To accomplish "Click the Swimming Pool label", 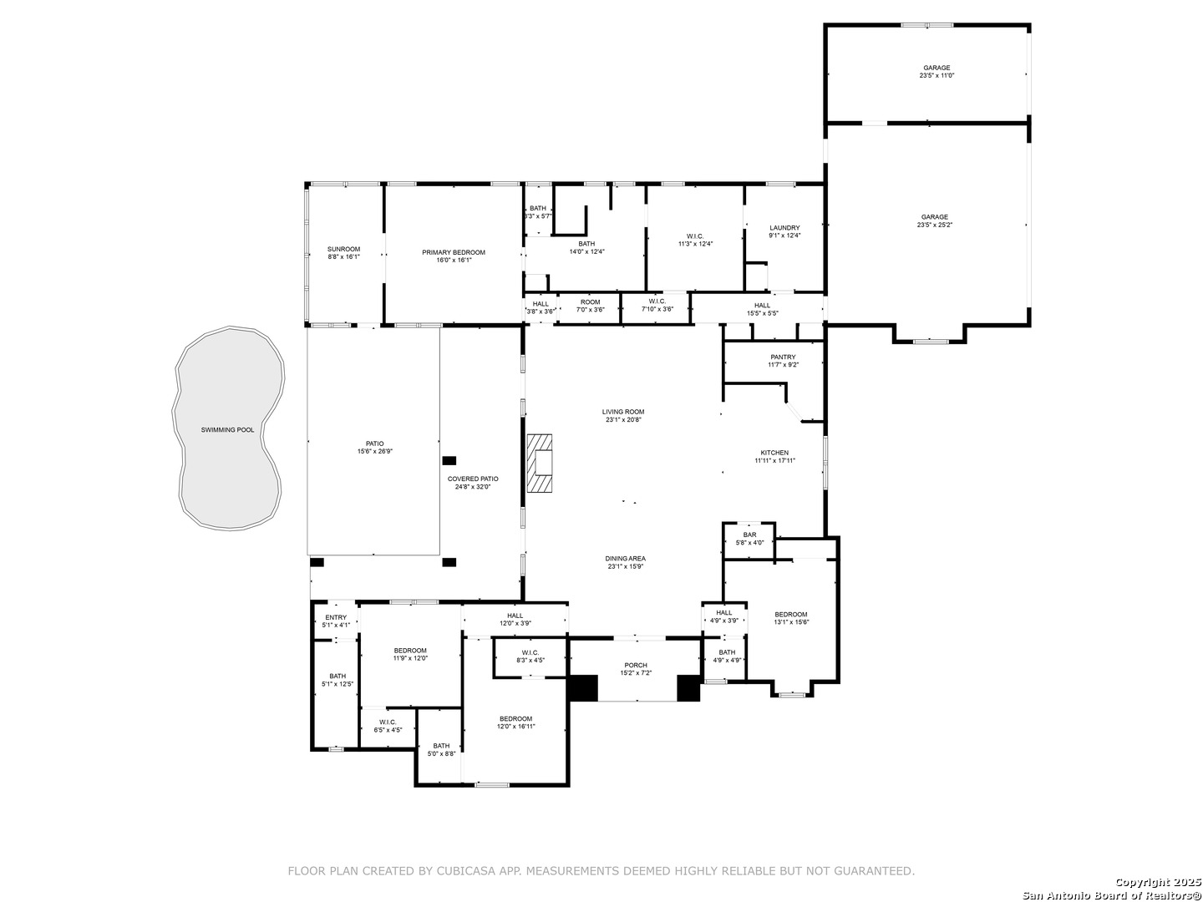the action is coord(227,430).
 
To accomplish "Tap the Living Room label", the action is coord(623,412).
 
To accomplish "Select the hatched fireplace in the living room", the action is coord(540,464).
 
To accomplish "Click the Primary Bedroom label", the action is coord(454,252).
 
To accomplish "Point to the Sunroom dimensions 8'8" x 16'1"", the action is coord(343,257).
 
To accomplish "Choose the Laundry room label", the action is coord(784,228).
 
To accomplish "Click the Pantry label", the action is coord(783,357).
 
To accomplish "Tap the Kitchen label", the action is coord(774,453).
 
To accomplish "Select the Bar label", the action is coord(749,535).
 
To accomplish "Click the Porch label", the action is coord(636,666).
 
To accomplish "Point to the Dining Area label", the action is coord(626,559).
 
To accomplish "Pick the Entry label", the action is coord(336,617).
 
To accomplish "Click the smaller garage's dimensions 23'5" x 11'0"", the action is coord(937,75).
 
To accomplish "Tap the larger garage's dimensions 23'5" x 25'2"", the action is coord(935,225).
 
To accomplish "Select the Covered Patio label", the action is coord(473,479).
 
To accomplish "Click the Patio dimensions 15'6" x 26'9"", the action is coord(375,451).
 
